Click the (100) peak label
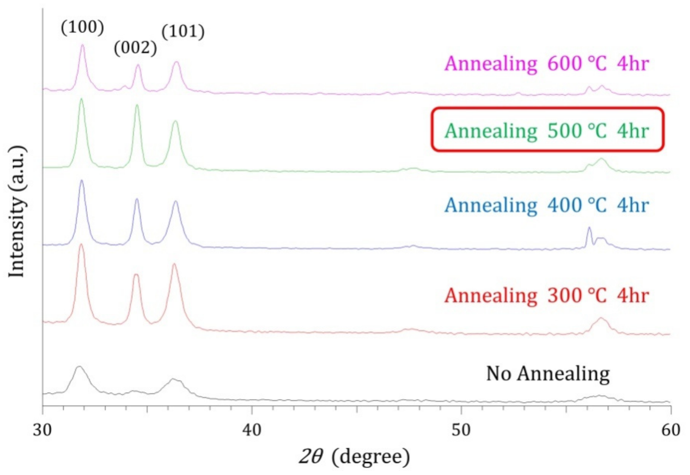pos(83,28)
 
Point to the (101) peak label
pos(183,31)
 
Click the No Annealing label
pos(548,374)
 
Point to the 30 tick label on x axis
pos(42,430)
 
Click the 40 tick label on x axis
pos(252,430)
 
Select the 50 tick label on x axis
pos(461,430)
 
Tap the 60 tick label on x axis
pos(671,430)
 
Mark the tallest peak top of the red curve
pos(81,245)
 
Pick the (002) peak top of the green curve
pos(137,105)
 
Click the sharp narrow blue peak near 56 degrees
pos(589,228)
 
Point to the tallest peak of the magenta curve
pos(83,45)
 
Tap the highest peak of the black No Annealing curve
pos(79,367)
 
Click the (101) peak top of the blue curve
pos(176,202)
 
